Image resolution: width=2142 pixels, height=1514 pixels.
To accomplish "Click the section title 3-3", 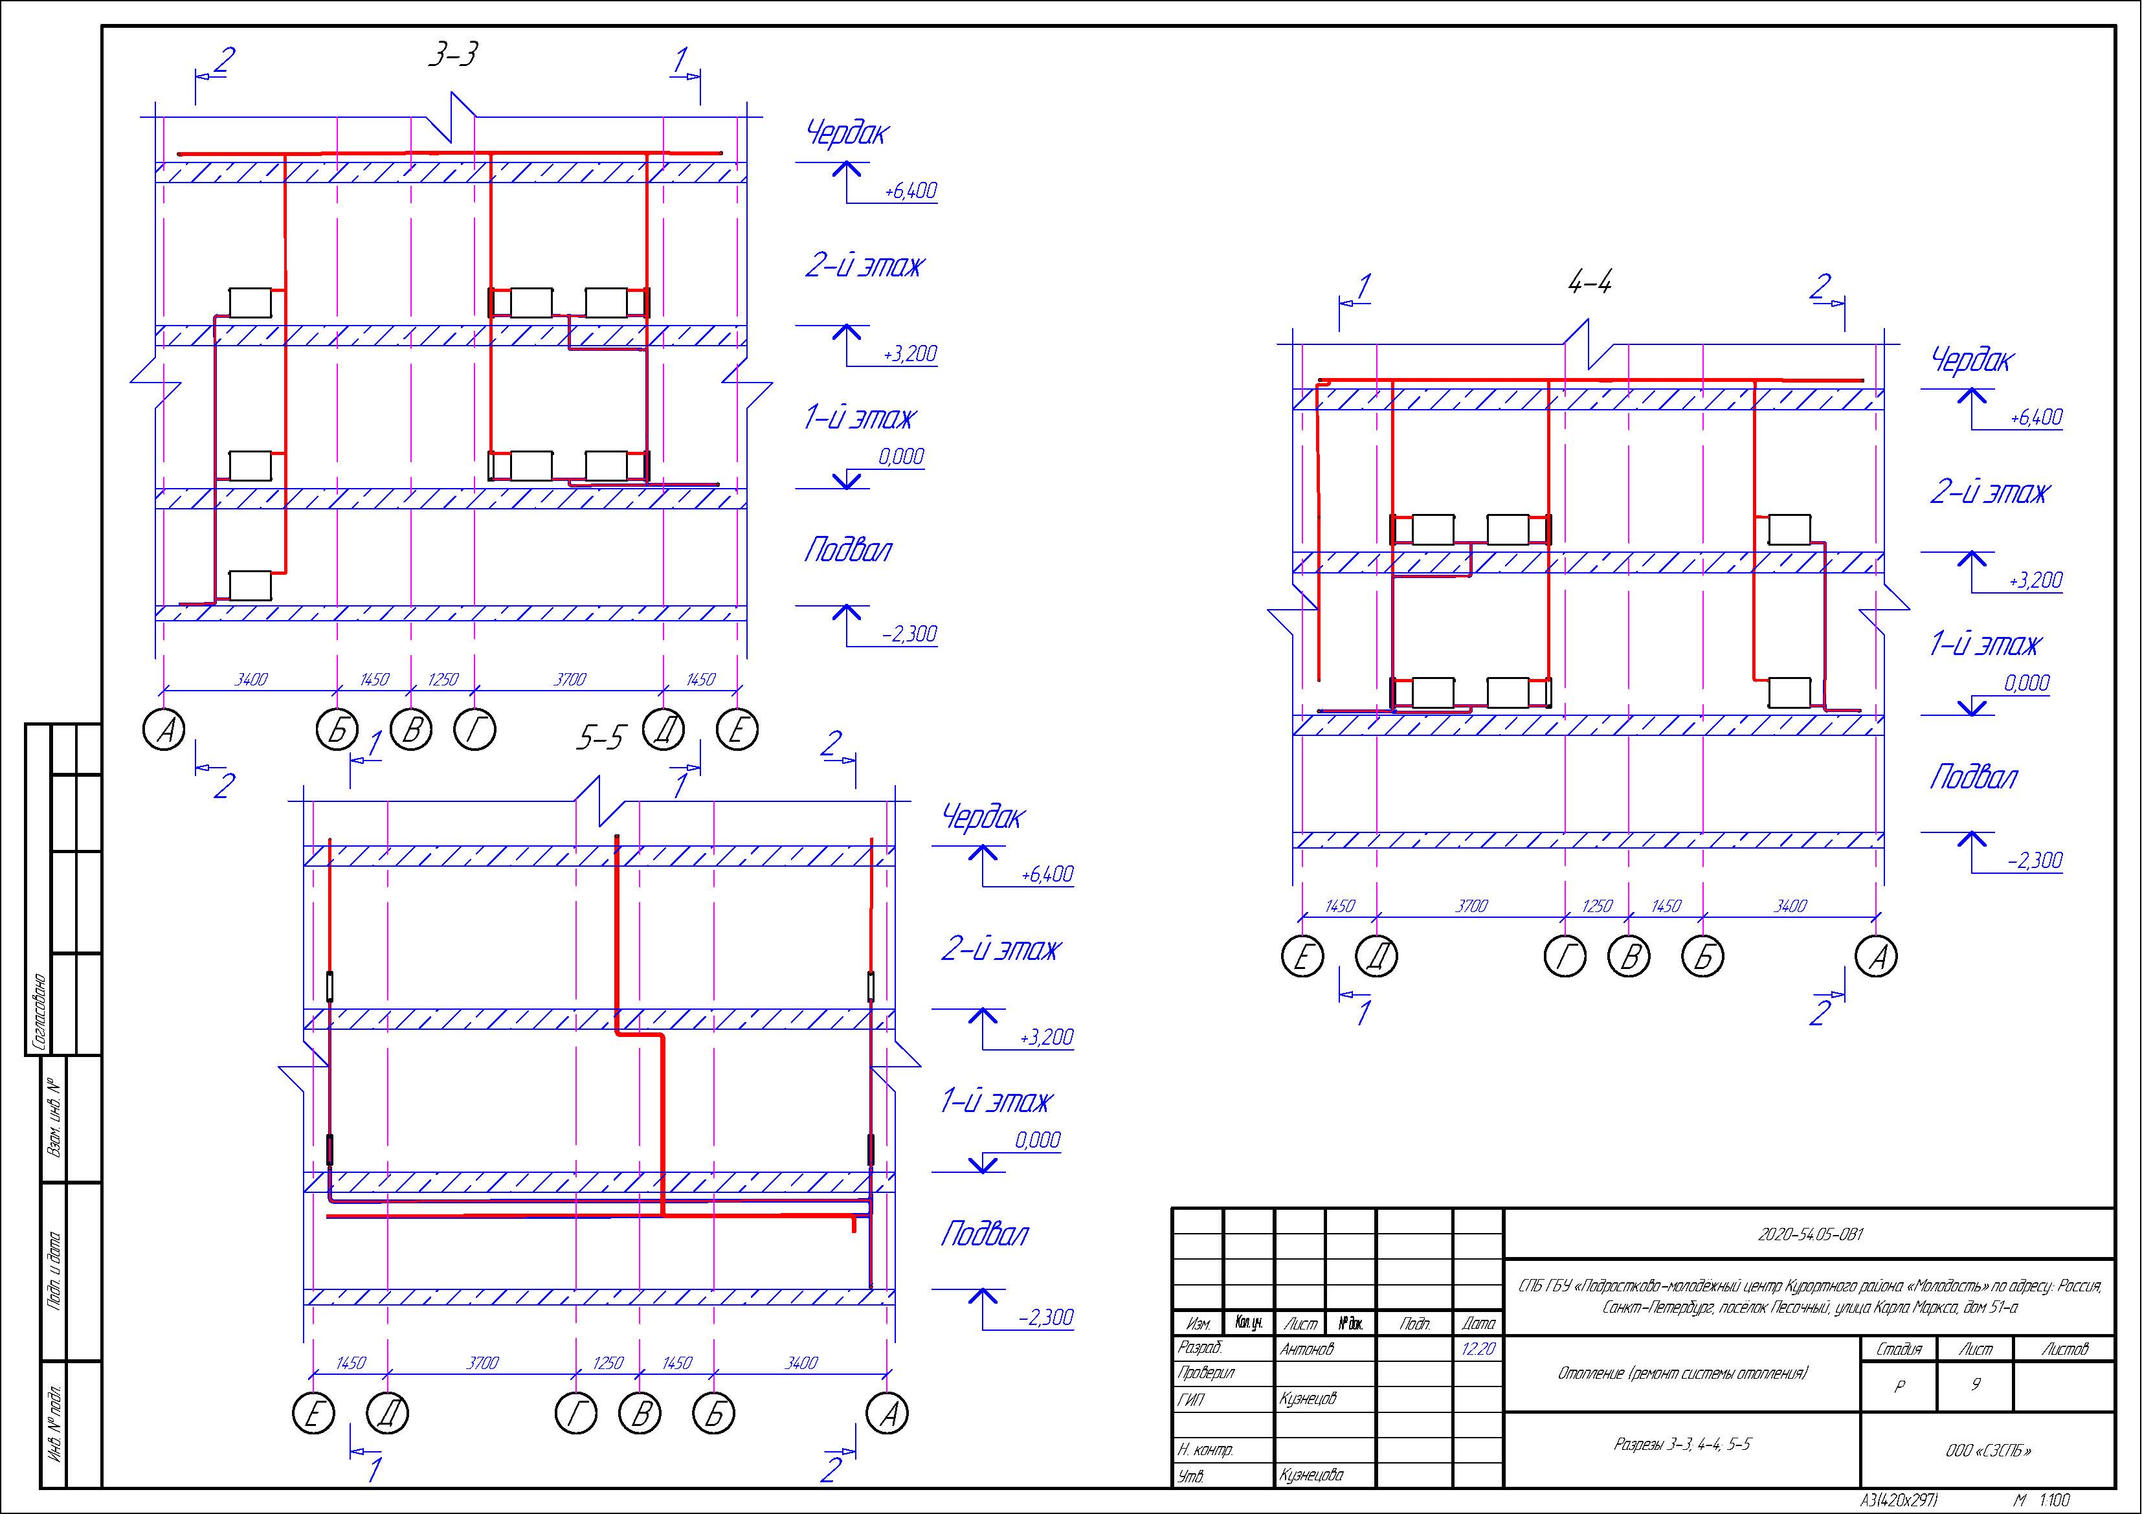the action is click(x=452, y=56).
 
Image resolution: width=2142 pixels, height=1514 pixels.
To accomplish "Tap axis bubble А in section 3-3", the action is click(x=164, y=730).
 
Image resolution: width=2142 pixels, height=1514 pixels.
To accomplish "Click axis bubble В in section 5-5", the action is click(x=641, y=1414).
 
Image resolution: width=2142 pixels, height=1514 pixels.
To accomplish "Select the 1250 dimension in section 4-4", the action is click(x=1597, y=906).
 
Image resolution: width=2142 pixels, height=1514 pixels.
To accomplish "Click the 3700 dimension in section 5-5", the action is click(x=482, y=1363).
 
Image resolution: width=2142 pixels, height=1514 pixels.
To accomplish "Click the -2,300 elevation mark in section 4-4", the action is click(x=2036, y=860).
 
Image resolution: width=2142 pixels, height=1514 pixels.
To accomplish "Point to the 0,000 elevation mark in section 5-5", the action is click(x=1038, y=1140).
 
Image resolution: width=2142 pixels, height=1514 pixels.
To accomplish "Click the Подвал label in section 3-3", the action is click(x=848, y=550).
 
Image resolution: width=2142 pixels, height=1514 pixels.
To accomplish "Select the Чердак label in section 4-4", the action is click(x=1973, y=360).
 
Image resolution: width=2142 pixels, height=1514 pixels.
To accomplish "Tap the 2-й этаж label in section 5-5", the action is click(x=1000, y=950).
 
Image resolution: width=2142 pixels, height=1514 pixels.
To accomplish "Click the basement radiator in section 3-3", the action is click(x=250, y=585).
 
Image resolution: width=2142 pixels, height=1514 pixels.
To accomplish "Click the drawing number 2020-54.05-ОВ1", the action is click(x=1810, y=1234).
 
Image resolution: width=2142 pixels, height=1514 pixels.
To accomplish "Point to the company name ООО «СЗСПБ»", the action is click(x=1988, y=1451).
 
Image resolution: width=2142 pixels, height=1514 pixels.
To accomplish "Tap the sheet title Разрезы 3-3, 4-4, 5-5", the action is click(x=1682, y=1445).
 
